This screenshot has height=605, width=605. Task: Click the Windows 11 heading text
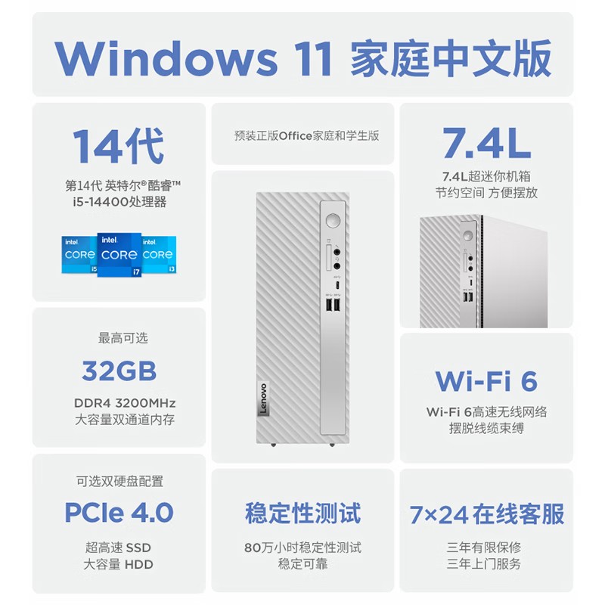click(x=302, y=57)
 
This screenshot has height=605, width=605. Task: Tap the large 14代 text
click(x=119, y=146)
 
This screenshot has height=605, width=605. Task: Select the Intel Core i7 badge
click(x=119, y=255)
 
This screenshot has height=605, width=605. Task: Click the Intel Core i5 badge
click(x=79, y=255)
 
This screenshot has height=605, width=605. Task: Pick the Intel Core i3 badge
click(x=158, y=255)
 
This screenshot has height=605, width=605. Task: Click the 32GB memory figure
click(x=119, y=371)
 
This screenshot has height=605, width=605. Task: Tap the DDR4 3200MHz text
click(x=119, y=403)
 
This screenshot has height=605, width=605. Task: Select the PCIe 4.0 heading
click(x=119, y=512)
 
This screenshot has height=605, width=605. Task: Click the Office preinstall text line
click(x=306, y=136)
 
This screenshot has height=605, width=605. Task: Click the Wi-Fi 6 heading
click(x=486, y=380)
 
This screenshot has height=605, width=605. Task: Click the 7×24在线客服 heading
click(x=486, y=514)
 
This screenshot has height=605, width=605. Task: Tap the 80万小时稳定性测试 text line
click(x=302, y=548)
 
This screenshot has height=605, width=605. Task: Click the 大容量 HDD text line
click(x=119, y=564)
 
